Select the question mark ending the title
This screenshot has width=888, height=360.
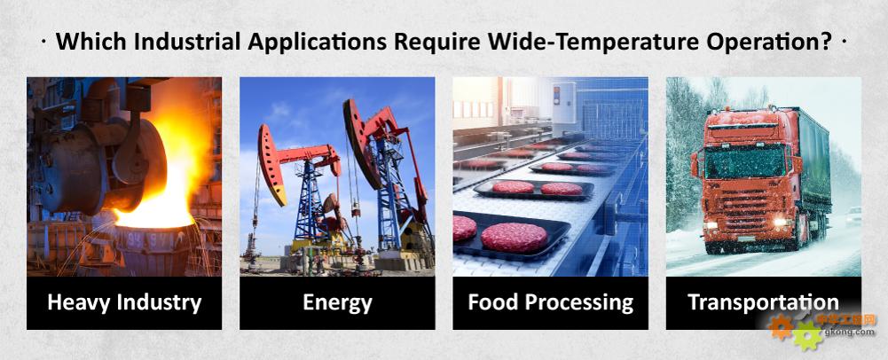[826, 43]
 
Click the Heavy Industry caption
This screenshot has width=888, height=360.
[124, 303]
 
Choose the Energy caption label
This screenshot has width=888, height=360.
[337, 303]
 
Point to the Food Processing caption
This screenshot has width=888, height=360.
[551, 303]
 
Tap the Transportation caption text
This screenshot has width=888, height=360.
[764, 302]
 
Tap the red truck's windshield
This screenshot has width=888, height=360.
[747, 162]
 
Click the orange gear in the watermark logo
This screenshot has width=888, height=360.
[780, 327]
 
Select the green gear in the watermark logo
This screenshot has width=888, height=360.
[807, 336]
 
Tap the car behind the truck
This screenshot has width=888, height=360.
[853, 216]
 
